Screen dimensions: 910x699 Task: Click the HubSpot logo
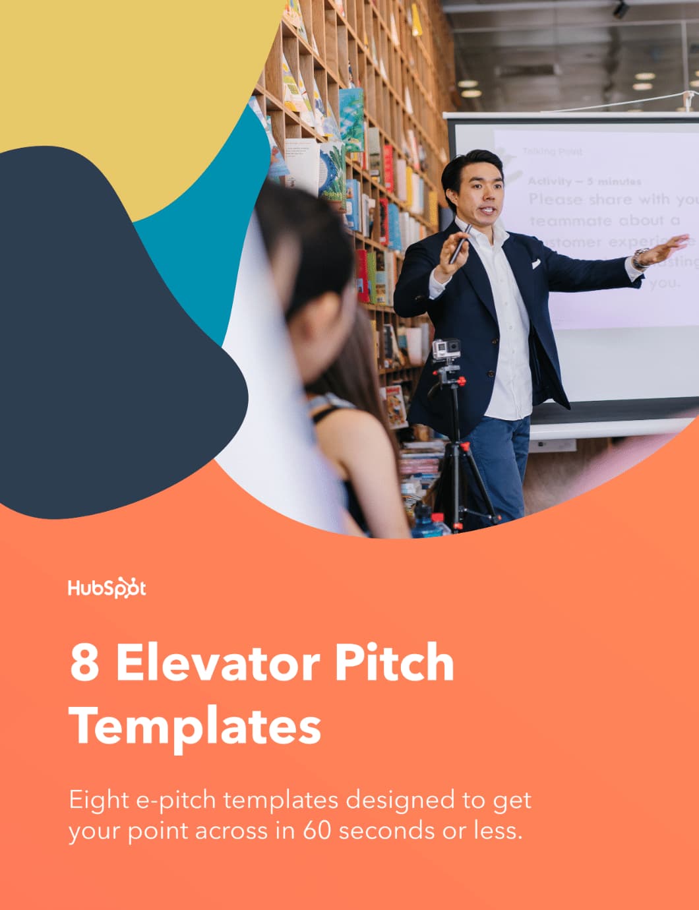(107, 588)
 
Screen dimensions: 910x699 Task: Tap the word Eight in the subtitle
(99, 801)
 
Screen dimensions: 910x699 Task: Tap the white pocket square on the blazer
(536, 263)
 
